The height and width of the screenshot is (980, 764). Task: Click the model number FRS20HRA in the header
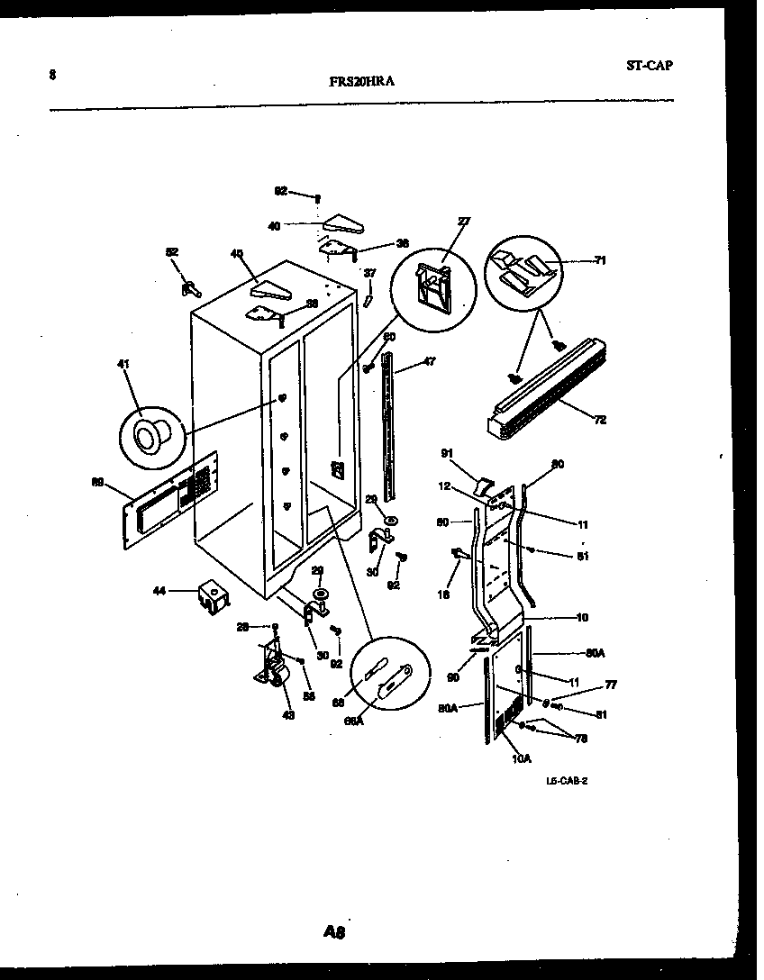(x=361, y=80)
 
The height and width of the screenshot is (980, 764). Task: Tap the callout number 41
(x=123, y=364)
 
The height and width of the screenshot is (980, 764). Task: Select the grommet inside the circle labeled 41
(x=146, y=436)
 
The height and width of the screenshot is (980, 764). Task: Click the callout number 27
(x=464, y=221)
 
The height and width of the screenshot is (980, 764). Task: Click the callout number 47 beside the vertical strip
(x=429, y=361)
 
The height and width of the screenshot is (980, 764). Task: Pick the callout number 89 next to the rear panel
(x=98, y=482)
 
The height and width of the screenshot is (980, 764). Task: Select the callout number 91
(x=448, y=453)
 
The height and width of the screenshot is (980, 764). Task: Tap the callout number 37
(x=369, y=272)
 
